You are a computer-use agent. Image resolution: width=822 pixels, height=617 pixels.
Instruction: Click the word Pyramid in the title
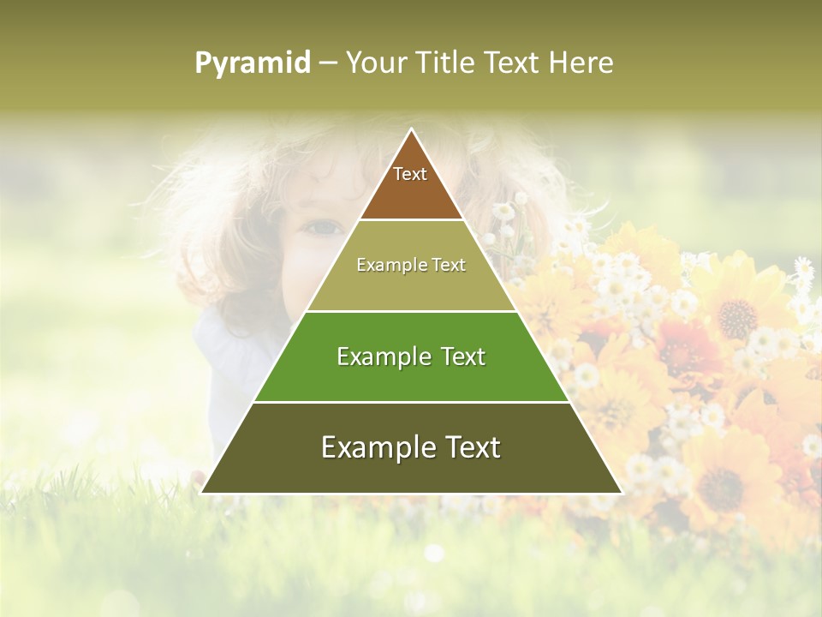pyautogui.click(x=252, y=63)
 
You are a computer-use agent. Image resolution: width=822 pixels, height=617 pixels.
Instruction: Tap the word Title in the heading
pyautogui.click(x=445, y=63)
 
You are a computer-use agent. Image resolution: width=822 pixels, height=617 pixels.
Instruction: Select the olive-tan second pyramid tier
pyautogui.click(x=411, y=287)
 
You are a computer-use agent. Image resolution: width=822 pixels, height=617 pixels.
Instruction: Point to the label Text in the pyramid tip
pyautogui.click(x=410, y=174)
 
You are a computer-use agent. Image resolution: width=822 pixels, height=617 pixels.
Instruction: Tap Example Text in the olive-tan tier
pyautogui.click(x=411, y=265)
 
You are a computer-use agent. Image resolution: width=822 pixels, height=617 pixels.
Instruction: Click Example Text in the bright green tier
pyautogui.click(x=411, y=356)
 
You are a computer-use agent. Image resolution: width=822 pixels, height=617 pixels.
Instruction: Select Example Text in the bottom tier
pyautogui.click(x=411, y=447)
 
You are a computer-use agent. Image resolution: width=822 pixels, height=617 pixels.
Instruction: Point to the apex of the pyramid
pyautogui.click(x=412, y=129)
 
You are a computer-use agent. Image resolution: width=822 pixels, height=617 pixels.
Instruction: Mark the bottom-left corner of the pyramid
pyautogui.click(x=202, y=492)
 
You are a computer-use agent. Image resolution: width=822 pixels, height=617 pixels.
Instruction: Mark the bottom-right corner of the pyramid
pyautogui.click(x=621, y=492)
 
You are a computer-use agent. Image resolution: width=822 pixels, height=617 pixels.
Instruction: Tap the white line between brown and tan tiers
pyautogui.click(x=411, y=220)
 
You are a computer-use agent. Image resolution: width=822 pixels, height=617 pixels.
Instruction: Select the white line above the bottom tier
pyautogui.click(x=411, y=402)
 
